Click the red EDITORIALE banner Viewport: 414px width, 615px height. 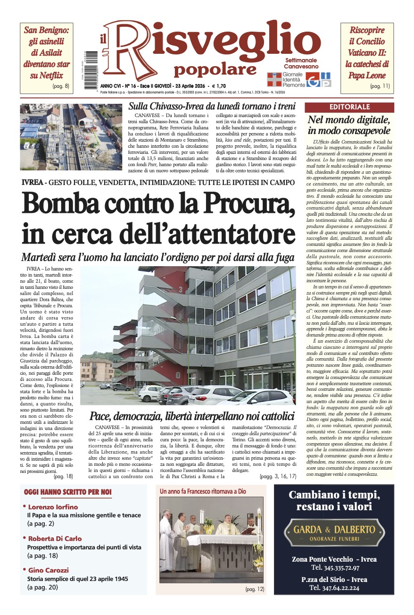[349, 107]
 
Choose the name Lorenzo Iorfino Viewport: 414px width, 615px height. [53, 507]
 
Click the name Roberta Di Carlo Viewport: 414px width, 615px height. [55, 539]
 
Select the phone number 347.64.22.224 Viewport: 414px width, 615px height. [334, 588]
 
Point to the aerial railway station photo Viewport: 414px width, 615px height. [71, 137]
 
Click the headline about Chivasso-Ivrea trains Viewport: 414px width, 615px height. [212, 106]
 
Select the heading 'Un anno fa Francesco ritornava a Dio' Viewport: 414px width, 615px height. [203, 491]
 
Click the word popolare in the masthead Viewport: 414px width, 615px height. [215, 70]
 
